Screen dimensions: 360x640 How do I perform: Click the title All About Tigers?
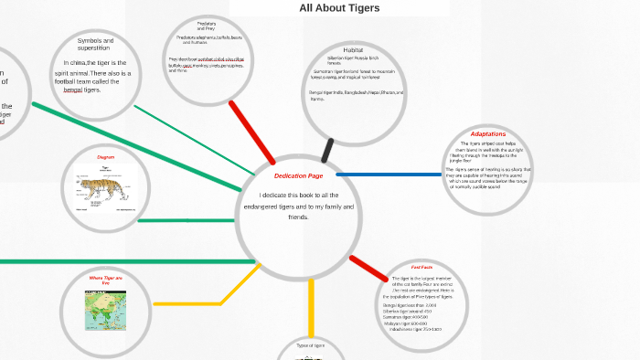click(x=339, y=8)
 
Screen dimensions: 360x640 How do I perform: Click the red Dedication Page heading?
click(x=298, y=175)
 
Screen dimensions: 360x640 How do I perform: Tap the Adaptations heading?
click(x=487, y=134)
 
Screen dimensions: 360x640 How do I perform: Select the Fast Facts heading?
click(x=421, y=267)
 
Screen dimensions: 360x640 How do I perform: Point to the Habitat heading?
click(x=353, y=49)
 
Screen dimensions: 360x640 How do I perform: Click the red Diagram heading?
click(x=105, y=157)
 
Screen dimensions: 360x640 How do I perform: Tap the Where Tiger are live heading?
click(x=105, y=280)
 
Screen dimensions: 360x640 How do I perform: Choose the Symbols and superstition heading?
click(x=95, y=45)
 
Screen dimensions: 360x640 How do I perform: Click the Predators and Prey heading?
click(x=206, y=25)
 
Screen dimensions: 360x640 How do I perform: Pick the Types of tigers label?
click(x=311, y=345)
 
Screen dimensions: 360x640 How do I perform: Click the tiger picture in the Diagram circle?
click(x=102, y=189)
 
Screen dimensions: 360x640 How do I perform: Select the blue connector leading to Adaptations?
click(x=388, y=174)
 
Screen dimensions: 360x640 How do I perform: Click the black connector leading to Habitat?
click(x=327, y=150)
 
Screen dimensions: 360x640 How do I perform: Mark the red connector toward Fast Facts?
click(x=368, y=268)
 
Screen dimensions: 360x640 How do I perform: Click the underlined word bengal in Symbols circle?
click(x=73, y=90)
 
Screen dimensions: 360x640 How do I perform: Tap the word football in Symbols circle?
click(x=69, y=81)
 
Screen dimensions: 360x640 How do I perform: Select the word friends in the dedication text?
click(x=299, y=217)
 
